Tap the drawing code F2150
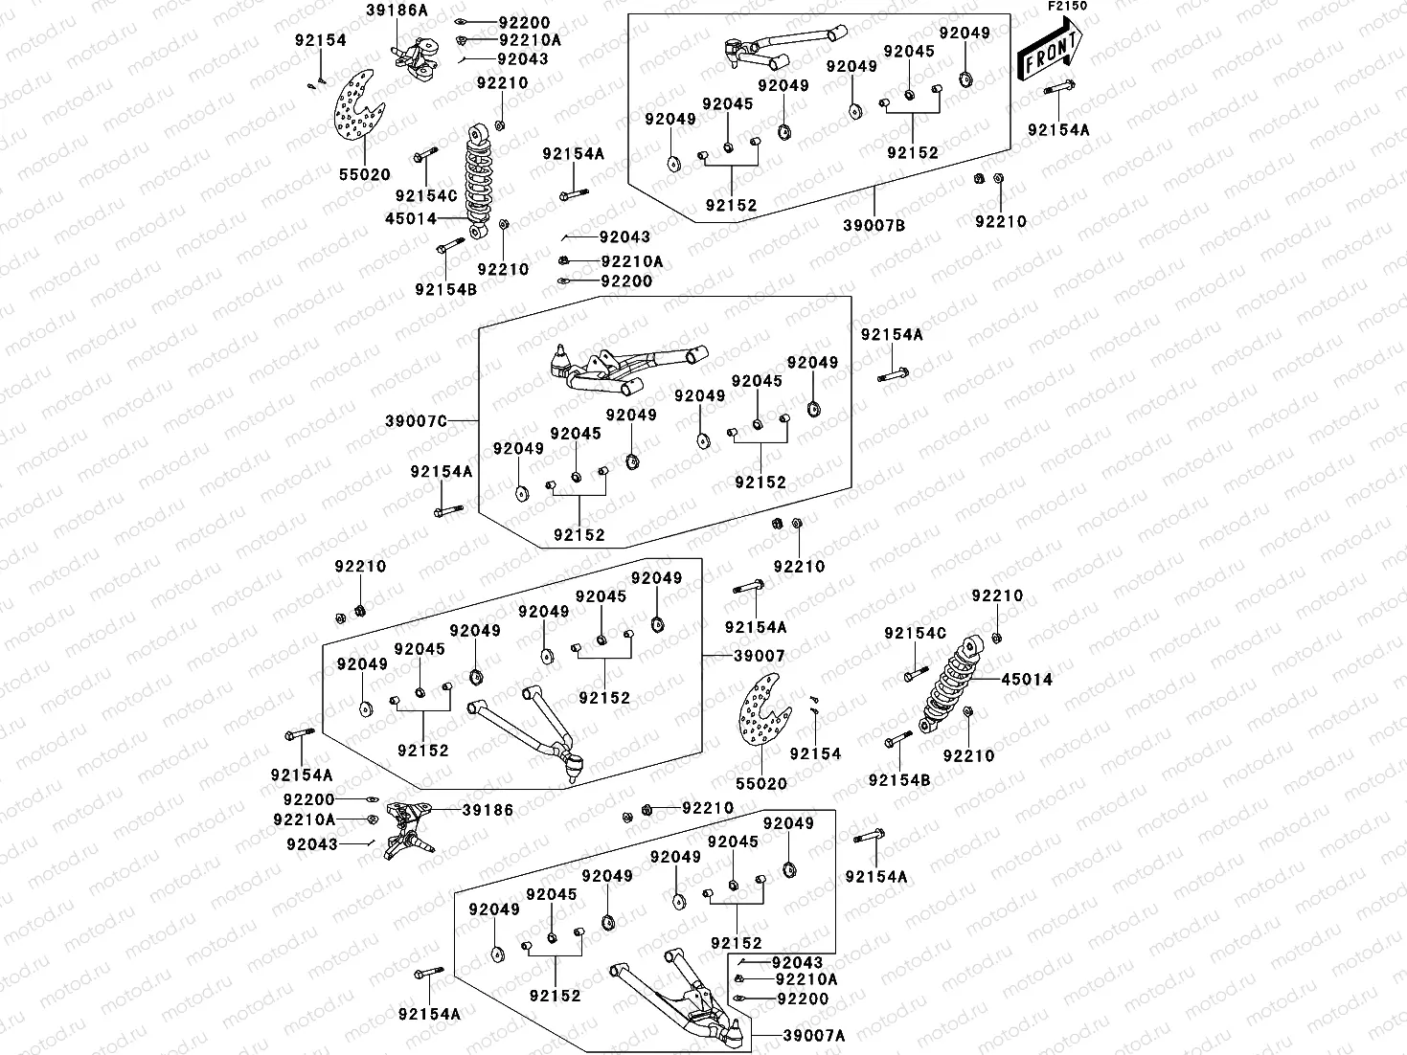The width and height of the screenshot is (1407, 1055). point(1066,6)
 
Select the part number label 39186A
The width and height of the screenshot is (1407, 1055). point(397,10)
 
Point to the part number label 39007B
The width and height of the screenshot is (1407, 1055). point(874,225)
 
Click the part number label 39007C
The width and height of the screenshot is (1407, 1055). point(416,421)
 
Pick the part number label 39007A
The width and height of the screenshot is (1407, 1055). point(814,1035)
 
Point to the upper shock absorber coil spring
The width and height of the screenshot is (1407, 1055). point(480,178)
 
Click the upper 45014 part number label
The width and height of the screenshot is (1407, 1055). point(410,219)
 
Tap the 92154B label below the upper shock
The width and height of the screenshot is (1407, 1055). point(445,288)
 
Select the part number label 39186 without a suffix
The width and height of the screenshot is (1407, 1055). point(488,810)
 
